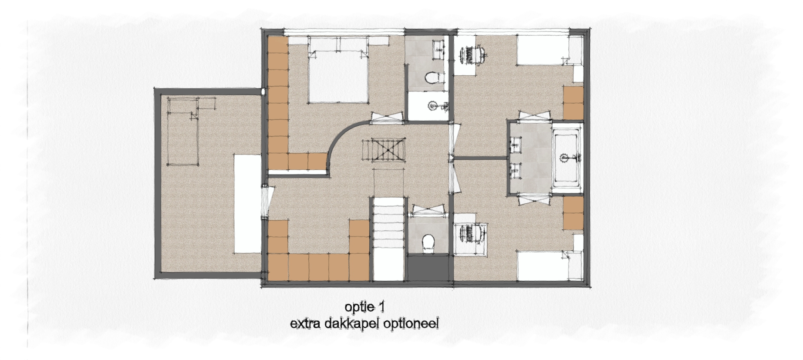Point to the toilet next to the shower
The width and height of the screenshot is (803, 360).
tap(433, 77)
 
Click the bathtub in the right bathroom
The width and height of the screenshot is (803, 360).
tap(567, 158)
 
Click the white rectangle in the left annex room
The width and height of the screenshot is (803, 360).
tap(247, 203)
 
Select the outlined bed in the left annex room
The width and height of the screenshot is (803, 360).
tap(183, 131)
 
